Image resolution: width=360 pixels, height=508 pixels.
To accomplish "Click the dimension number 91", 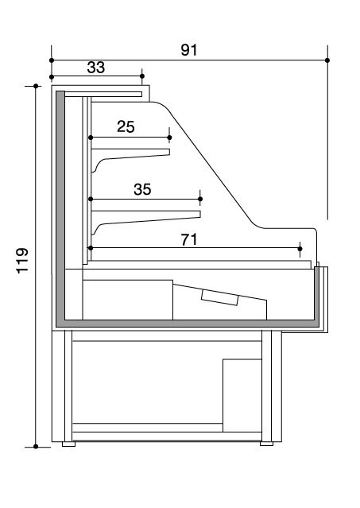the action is click(x=188, y=50).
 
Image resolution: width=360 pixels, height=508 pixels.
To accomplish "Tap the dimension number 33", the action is click(x=96, y=68).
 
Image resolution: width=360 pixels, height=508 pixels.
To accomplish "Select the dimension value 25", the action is click(x=126, y=126).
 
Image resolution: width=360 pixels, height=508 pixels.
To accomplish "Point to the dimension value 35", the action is click(x=142, y=189).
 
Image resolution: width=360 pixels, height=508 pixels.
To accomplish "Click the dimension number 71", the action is click(x=189, y=240).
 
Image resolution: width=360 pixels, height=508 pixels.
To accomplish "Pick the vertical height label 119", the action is click(x=23, y=261).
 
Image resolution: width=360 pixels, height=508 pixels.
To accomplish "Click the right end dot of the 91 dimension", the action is click(x=327, y=60).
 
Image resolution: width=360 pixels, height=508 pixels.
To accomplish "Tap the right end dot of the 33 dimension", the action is click(x=142, y=76).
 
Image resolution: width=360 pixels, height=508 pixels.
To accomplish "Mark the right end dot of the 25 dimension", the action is click(x=169, y=138).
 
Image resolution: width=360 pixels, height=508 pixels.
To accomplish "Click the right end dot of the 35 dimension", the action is click(x=200, y=199).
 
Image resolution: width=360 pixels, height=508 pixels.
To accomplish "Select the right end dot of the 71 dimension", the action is click(x=300, y=249).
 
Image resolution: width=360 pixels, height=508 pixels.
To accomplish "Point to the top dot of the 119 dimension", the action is click(x=36, y=86).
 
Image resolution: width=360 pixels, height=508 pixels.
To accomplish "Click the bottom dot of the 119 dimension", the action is click(x=36, y=447).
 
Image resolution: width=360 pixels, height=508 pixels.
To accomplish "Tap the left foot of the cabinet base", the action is click(x=68, y=444).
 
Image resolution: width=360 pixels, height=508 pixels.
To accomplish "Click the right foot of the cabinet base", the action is click(x=266, y=444).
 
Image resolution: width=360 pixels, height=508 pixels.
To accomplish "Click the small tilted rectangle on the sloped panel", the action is click(x=220, y=297).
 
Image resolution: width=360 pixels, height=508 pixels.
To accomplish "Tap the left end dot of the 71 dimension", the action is click(x=91, y=248).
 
